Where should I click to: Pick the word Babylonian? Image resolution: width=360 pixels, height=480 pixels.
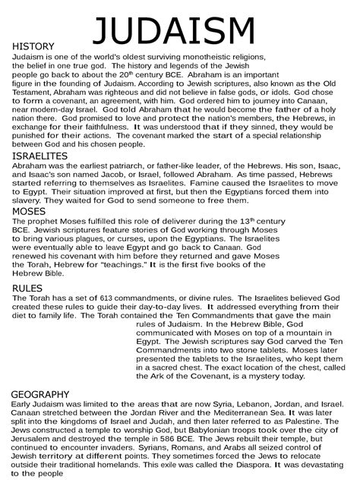(207, 429)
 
